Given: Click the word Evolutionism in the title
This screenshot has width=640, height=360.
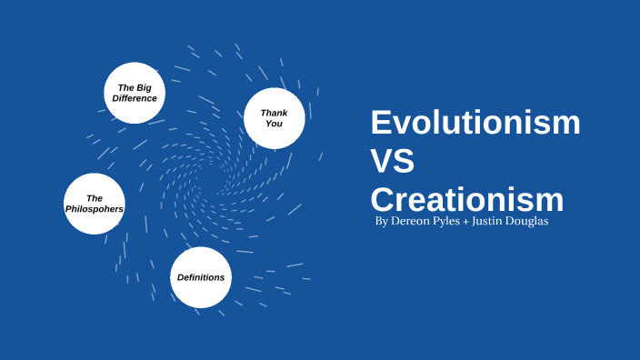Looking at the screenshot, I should click(475, 122).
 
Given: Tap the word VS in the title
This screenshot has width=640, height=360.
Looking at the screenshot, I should click(392, 162).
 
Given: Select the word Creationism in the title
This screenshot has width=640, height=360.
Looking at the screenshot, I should click(467, 200).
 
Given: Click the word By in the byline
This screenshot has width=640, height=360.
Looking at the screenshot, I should click(382, 223).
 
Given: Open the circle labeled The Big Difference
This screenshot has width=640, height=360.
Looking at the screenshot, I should click(135, 93).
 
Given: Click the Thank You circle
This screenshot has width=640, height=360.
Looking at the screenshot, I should click(274, 118).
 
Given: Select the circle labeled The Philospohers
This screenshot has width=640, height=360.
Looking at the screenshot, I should click(94, 204).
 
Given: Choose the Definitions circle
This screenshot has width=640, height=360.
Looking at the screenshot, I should click(201, 277).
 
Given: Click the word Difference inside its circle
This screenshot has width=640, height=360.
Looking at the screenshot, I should click(135, 98).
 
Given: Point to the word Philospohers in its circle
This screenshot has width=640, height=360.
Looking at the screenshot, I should click(94, 209).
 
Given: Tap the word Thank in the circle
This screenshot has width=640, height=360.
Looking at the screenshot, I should click(274, 113).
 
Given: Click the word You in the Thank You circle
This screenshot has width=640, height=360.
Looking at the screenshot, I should click(274, 124).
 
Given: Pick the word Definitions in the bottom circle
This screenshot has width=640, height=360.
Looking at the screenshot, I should click(201, 277).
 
